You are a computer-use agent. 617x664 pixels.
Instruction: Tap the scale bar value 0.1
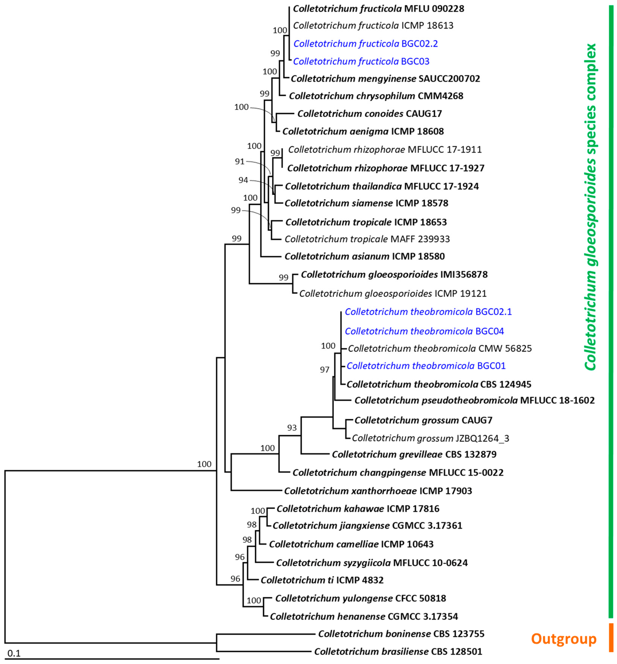click(14, 653)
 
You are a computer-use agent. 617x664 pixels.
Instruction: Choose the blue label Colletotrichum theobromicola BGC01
click(426, 365)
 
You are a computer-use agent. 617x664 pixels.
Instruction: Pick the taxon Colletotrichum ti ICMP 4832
click(322, 580)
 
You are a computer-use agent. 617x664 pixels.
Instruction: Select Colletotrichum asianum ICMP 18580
click(364, 256)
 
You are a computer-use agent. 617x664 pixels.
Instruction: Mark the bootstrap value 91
click(240, 162)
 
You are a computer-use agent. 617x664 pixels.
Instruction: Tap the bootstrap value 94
click(243, 180)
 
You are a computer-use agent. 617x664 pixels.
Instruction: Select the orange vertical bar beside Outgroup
click(611, 642)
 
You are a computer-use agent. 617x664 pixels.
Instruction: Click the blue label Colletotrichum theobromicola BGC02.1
click(428, 312)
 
